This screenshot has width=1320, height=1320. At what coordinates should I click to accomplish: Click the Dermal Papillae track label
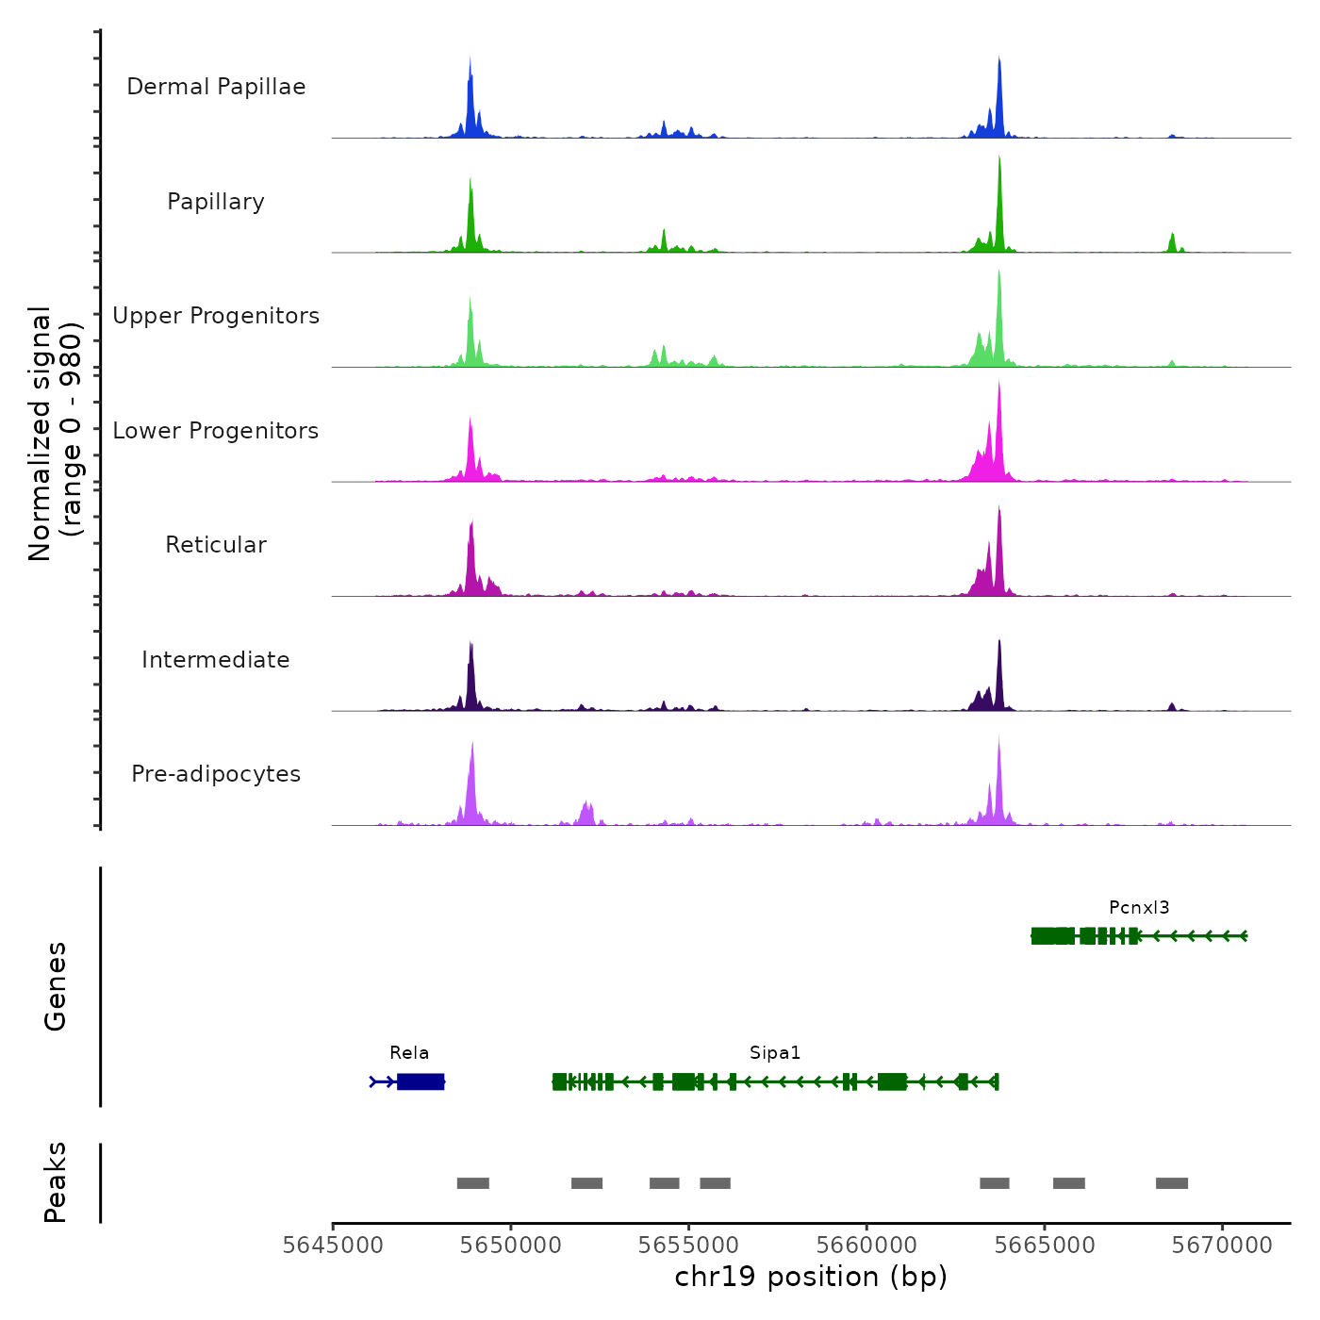(x=216, y=87)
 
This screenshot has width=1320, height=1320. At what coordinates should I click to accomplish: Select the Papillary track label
(x=216, y=202)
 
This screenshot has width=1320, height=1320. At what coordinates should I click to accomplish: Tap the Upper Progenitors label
(x=216, y=316)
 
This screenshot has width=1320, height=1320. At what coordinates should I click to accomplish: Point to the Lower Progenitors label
(x=216, y=431)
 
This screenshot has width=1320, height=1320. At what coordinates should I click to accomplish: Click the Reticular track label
(x=216, y=545)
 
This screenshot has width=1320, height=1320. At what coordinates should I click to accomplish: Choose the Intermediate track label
(x=216, y=660)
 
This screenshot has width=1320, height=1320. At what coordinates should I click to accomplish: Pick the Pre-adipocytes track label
(x=216, y=774)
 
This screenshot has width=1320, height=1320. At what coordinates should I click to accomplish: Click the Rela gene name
(x=409, y=1053)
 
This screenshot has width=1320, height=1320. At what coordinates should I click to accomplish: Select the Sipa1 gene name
(x=775, y=1053)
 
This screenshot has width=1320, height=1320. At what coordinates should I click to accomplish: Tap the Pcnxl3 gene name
(x=1139, y=908)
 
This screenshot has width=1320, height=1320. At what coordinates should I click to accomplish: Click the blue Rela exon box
(x=421, y=1081)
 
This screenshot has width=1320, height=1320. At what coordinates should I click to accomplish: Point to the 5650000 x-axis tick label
(x=511, y=1246)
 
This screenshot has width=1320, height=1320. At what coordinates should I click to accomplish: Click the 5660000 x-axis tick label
(x=867, y=1246)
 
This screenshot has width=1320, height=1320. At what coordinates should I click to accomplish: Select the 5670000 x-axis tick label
(x=1223, y=1246)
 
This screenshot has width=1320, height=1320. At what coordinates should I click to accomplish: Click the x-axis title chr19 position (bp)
(x=811, y=1277)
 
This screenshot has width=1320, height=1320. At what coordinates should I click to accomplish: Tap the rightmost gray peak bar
(x=1172, y=1183)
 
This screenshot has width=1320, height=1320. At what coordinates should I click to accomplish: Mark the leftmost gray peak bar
(x=473, y=1183)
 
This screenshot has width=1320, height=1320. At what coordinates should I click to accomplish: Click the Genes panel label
(x=56, y=986)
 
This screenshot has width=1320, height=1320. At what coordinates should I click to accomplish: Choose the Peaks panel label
(x=56, y=1182)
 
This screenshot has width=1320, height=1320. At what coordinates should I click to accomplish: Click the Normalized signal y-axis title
(x=56, y=434)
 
